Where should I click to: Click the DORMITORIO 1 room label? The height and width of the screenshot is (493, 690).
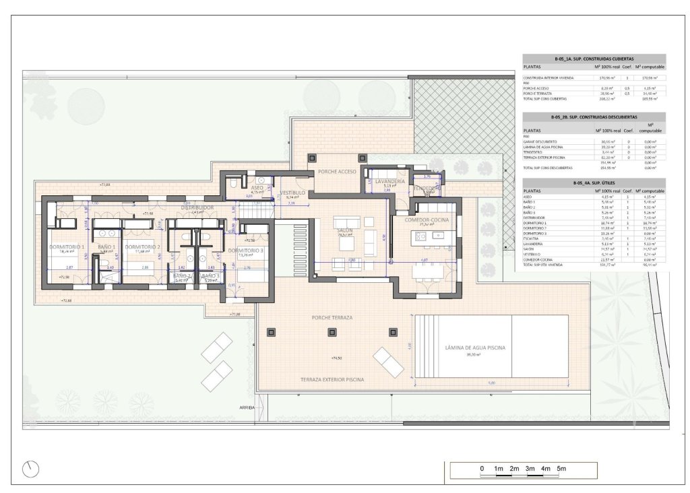click(x=66, y=247)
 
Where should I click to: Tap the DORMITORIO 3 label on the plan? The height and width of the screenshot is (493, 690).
click(x=245, y=251)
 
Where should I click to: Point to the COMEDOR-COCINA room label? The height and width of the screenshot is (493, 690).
click(x=431, y=220)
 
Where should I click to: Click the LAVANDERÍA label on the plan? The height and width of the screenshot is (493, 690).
click(x=390, y=182)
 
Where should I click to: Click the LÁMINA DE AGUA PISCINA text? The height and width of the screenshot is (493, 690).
click(x=475, y=348)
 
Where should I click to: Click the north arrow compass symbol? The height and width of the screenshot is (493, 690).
click(x=30, y=469)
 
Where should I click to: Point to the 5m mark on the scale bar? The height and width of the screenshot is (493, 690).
click(x=561, y=468)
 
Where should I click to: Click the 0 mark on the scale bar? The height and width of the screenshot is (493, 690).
click(x=482, y=468)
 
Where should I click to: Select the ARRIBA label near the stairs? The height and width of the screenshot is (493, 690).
click(x=247, y=407)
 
